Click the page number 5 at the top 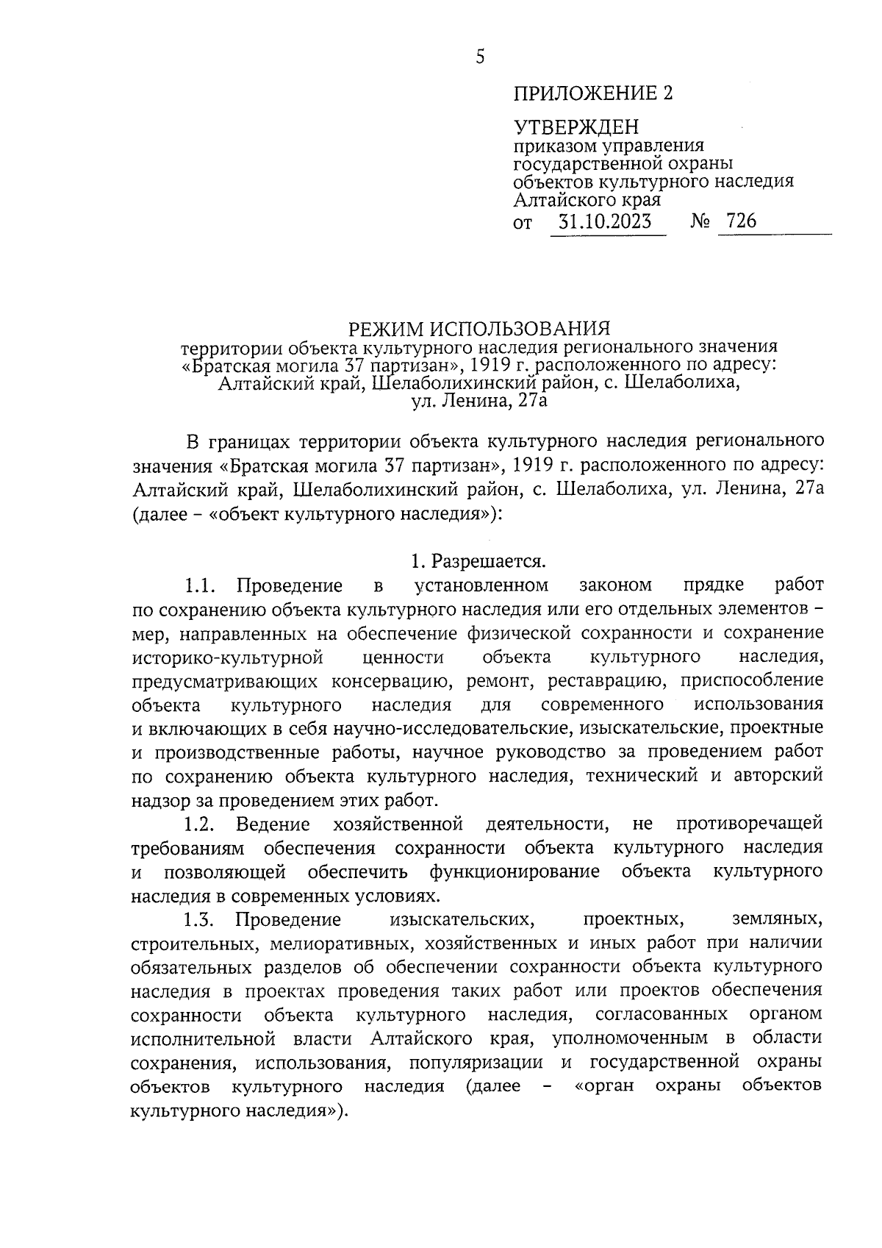click(480, 57)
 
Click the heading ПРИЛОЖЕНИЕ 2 click(592, 93)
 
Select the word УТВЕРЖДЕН click(576, 127)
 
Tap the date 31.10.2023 click(605, 221)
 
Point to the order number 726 click(740, 221)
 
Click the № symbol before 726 click(700, 221)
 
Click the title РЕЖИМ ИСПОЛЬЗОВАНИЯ click(479, 327)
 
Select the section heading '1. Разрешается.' click(478, 563)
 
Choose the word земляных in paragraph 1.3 click(778, 919)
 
